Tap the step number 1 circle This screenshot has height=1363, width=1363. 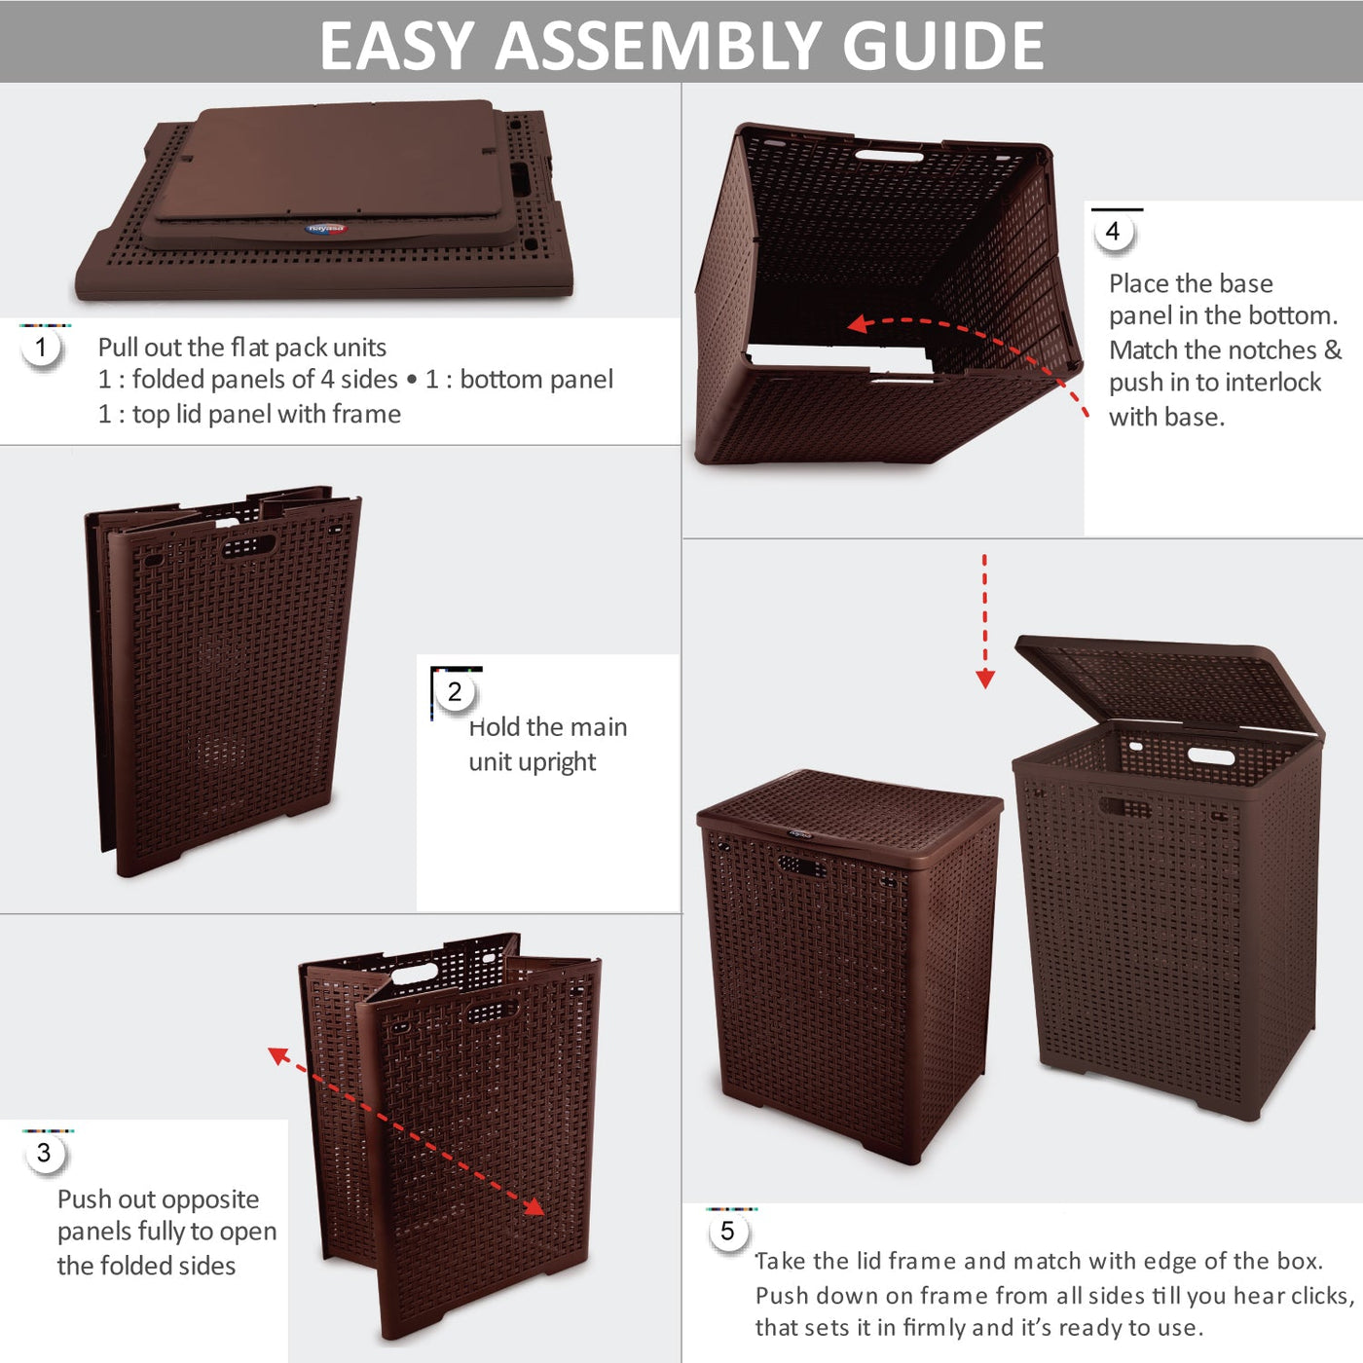point(41,348)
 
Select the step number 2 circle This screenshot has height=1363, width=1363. point(455,691)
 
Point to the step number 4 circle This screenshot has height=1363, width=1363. point(1113,232)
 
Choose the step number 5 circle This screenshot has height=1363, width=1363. point(727,1232)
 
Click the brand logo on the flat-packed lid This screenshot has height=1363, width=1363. point(326,228)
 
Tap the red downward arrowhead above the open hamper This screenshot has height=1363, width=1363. point(984,679)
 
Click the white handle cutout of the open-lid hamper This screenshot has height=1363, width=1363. point(1210,755)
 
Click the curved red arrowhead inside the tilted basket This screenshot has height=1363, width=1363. point(858,324)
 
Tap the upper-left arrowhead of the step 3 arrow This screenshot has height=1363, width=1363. point(278,1055)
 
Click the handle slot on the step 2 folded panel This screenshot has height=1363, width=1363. point(249,547)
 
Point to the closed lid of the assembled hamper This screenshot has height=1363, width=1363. point(850,818)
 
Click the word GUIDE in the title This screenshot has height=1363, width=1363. point(942,45)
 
